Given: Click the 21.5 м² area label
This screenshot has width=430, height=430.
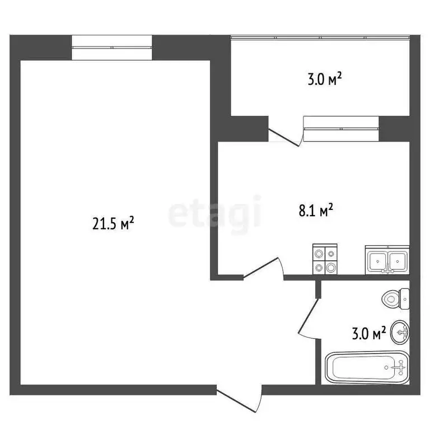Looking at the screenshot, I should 113,225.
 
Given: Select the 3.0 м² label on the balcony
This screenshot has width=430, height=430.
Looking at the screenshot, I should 325,80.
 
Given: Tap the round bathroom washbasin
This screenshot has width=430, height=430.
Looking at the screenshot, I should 400,333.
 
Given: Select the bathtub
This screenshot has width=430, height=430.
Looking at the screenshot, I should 365,367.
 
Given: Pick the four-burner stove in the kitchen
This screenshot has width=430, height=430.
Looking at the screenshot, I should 325,260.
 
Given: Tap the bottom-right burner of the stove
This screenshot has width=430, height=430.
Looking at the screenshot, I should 331,268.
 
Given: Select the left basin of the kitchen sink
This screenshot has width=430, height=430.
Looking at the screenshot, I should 377,260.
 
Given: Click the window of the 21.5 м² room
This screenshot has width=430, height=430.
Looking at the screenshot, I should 112,48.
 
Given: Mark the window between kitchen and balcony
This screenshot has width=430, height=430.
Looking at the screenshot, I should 341,129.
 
